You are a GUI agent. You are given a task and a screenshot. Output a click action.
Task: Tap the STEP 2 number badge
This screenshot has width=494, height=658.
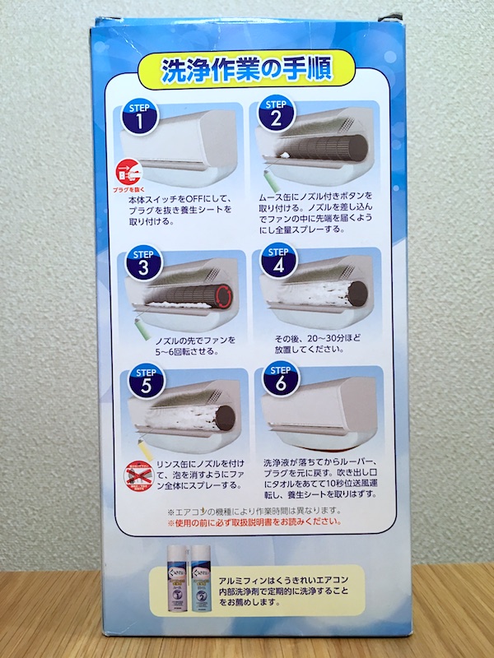(276, 118)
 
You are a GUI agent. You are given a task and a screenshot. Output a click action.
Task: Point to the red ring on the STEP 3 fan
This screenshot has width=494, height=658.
(224, 293)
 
